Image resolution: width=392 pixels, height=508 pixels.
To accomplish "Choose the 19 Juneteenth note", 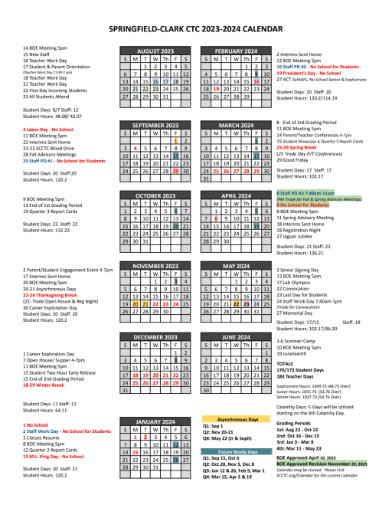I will tap(296, 354).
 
